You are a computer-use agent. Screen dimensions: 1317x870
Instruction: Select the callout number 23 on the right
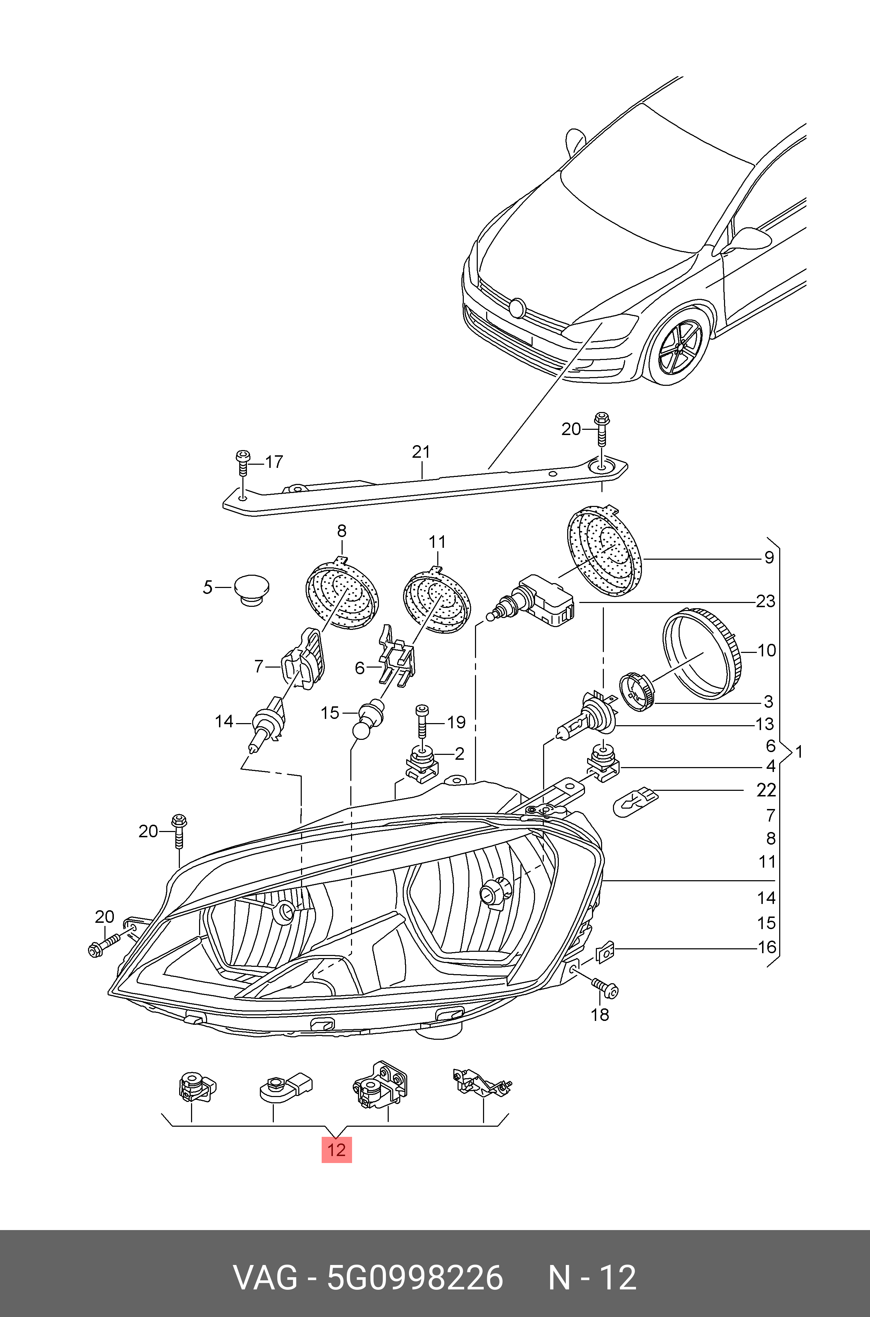click(x=766, y=601)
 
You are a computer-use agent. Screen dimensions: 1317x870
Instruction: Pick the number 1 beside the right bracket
click(x=798, y=752)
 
